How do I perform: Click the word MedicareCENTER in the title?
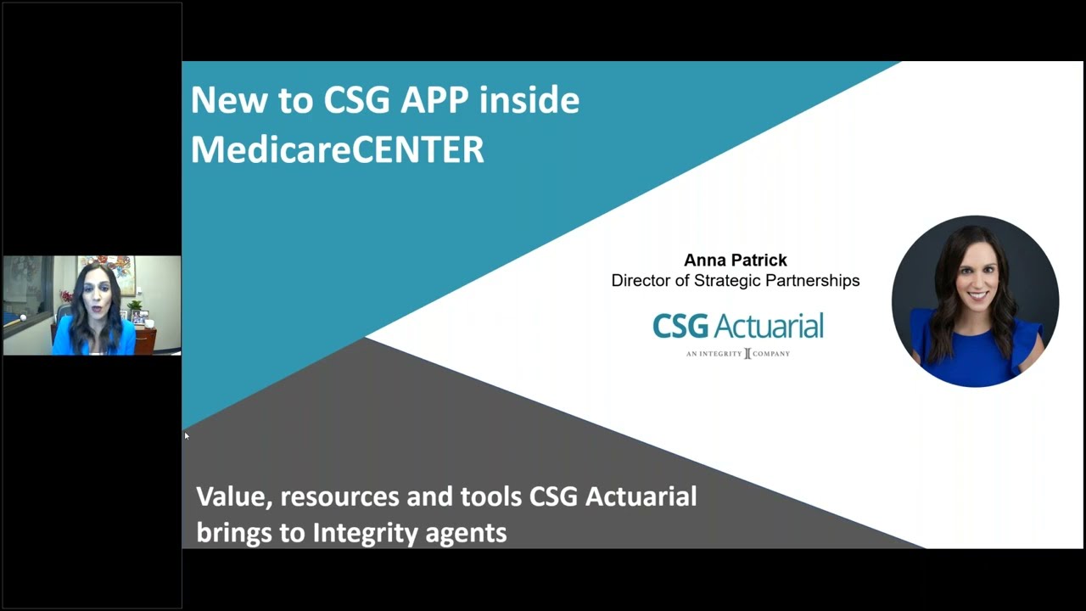tap(337, 149)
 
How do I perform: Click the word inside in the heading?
tap(529, 100)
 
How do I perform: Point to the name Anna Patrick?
tap(736, 261)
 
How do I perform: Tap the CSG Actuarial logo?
tap(737, 326)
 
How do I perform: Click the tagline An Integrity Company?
tap(737, 353)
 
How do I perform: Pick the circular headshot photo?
tap(975, 301)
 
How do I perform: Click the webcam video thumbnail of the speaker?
tap(92, 305)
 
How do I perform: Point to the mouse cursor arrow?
tap(187, 436)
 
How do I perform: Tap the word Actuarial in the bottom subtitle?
tap(641, 496)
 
